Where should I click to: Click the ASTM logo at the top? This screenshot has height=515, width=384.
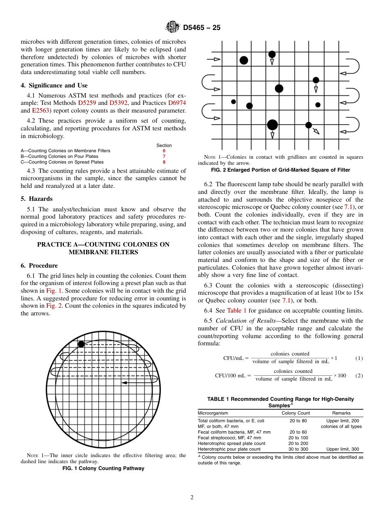point(173,27)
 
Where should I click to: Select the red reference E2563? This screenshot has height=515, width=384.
point(40,110)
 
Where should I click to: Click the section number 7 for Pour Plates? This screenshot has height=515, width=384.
point(164,156)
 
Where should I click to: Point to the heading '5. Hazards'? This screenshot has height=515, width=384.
point(37,199)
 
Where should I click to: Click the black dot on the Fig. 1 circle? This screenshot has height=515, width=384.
point(81,344)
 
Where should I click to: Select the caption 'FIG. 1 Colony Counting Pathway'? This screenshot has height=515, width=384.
point(103,468)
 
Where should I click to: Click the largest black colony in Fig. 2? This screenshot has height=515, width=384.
point(272,125)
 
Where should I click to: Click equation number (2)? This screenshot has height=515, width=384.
point(359,375)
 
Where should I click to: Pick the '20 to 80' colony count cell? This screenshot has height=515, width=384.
point(298,421)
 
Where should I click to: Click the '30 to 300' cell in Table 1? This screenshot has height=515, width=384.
point(298,449)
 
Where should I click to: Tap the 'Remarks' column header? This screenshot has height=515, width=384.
point(341,413)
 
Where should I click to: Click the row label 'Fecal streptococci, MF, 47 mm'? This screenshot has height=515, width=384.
point(229,438)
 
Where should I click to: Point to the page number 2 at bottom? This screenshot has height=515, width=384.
point(192,498)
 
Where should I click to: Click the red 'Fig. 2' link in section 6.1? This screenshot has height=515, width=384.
point(54,306)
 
